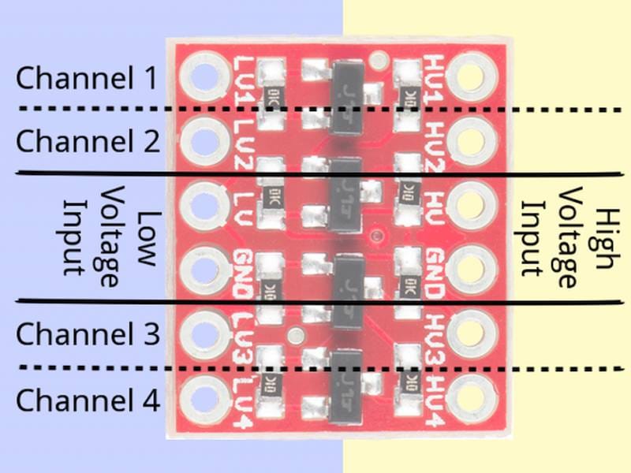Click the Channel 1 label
pos(87,79)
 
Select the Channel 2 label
pos(87,142)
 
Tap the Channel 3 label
pos(87,333)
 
